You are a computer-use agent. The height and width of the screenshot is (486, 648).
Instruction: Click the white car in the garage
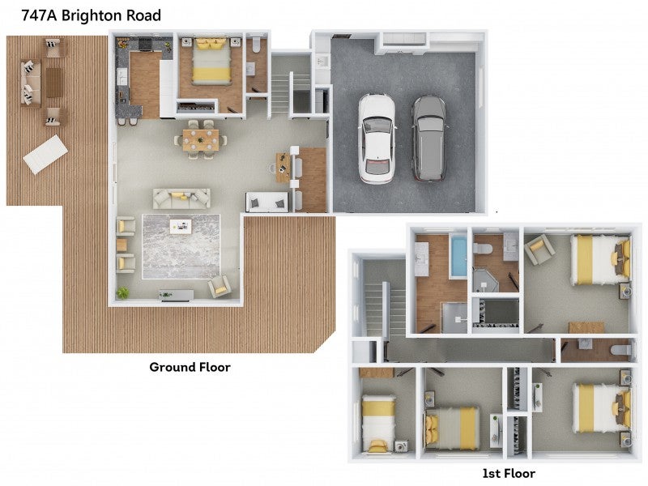click(x=376, y=139)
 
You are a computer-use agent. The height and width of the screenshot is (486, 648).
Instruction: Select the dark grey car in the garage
click(x=429, y=139)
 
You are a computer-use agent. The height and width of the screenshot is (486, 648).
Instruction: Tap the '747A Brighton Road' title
click(x=91, y=15)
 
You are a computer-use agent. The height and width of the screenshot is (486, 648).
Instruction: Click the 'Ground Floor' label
click(x=190, y=367)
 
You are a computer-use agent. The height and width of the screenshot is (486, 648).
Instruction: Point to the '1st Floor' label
click(x=509, y=473)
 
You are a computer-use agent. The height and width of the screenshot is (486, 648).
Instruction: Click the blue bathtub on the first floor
click(x=458, y=256)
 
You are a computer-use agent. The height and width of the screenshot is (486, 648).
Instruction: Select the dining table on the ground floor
click(x=201, y=139)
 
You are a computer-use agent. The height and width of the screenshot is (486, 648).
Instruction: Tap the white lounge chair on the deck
click(x=45, y=154)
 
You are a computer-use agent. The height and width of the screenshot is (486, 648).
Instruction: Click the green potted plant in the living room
click(x=123, y=293)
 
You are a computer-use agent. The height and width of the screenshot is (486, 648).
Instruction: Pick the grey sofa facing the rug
click(x=181, y=198)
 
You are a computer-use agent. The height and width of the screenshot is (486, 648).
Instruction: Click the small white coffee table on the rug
click(x=181, y=227)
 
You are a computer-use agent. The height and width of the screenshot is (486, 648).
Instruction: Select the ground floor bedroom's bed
click(x=211, y=62)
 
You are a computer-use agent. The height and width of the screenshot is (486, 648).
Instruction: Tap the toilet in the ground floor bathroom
click(x=256, y=45)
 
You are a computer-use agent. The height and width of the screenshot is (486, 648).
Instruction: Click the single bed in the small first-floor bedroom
click(x=378, y=423)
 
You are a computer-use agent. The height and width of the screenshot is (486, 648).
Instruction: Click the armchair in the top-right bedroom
click(x=539, y=249)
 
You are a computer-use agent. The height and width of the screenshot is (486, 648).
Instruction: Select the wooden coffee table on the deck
click(x=54, y=83)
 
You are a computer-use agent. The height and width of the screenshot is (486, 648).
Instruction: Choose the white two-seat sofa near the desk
click(x=267, y=202)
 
